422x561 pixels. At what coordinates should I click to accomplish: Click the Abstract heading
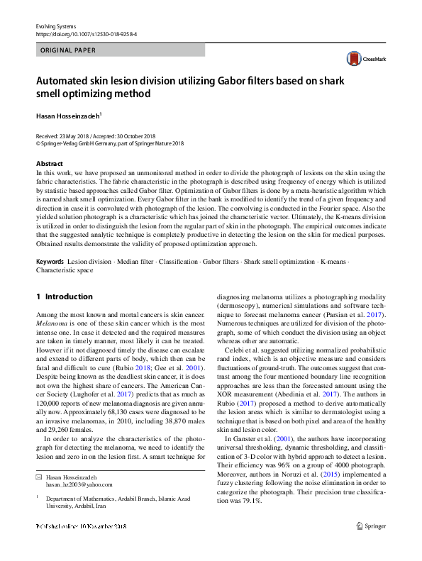click(x=49, y=163)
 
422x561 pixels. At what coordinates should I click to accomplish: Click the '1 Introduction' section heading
click(x=65, y=296)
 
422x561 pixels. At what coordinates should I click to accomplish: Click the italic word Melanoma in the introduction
click(x=50, y=321)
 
